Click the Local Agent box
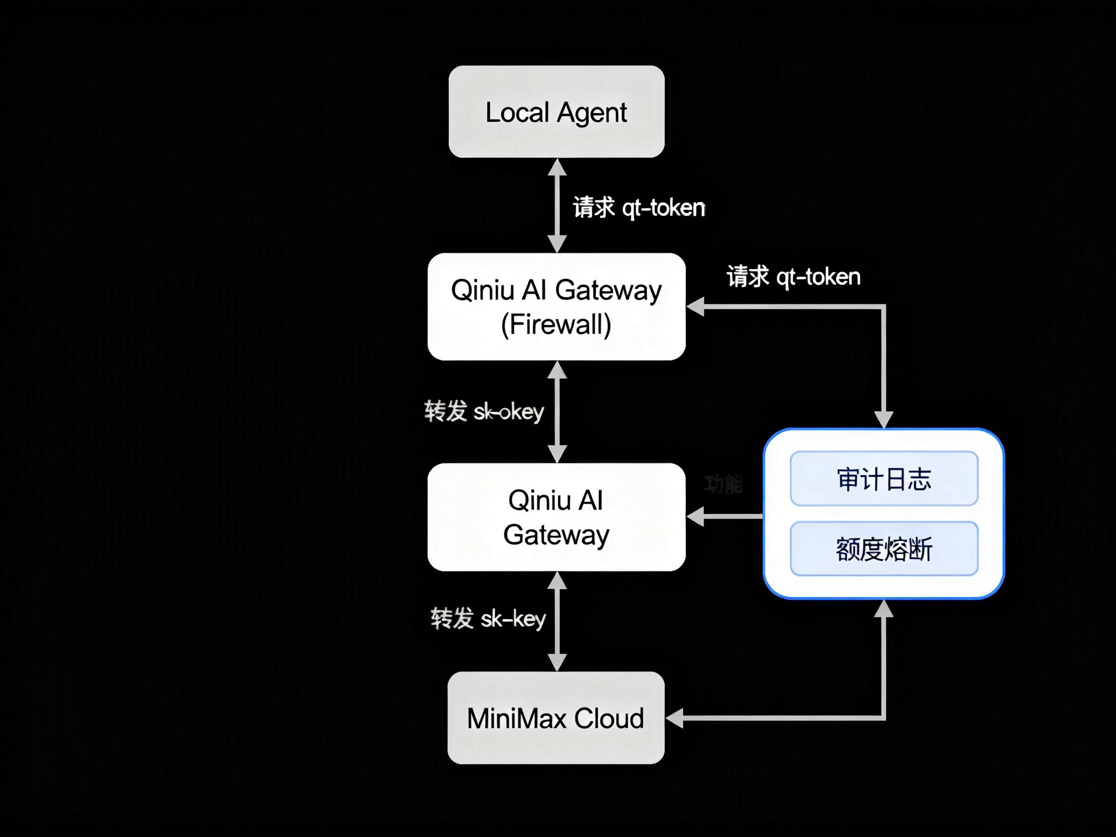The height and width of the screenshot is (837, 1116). (x=556, y=111)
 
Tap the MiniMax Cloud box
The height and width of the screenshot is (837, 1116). (x=556, y=717)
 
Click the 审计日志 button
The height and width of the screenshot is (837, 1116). (x=883, y=478)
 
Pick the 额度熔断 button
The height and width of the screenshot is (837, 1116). (x=883, y=548)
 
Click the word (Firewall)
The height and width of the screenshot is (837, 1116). (x=556, y=324)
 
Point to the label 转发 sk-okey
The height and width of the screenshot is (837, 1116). (x=483, y=411)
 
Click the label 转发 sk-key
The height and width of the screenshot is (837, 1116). (x=488, y=618)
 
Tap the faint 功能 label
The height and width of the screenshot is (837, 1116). (x=724, y=484)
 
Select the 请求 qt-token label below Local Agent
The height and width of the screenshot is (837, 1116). (x=639, y=207)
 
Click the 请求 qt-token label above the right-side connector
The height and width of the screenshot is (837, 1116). (x=793, y=277)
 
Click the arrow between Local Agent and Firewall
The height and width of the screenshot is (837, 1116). (x=557, y=205)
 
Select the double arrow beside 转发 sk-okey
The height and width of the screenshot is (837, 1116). (x=557, y=412)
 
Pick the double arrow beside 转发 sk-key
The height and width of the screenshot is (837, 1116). (x=557, y=621)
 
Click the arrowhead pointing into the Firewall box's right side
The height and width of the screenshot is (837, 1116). (x=696, y=307)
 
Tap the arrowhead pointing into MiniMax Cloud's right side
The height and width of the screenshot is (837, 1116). (x=675, y=717)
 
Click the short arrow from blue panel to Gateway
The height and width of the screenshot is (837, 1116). (x=724, y=517)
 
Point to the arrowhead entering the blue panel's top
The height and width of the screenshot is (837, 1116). (x=883, y=419)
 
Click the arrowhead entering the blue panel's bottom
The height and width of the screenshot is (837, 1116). (x=883, y=609)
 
